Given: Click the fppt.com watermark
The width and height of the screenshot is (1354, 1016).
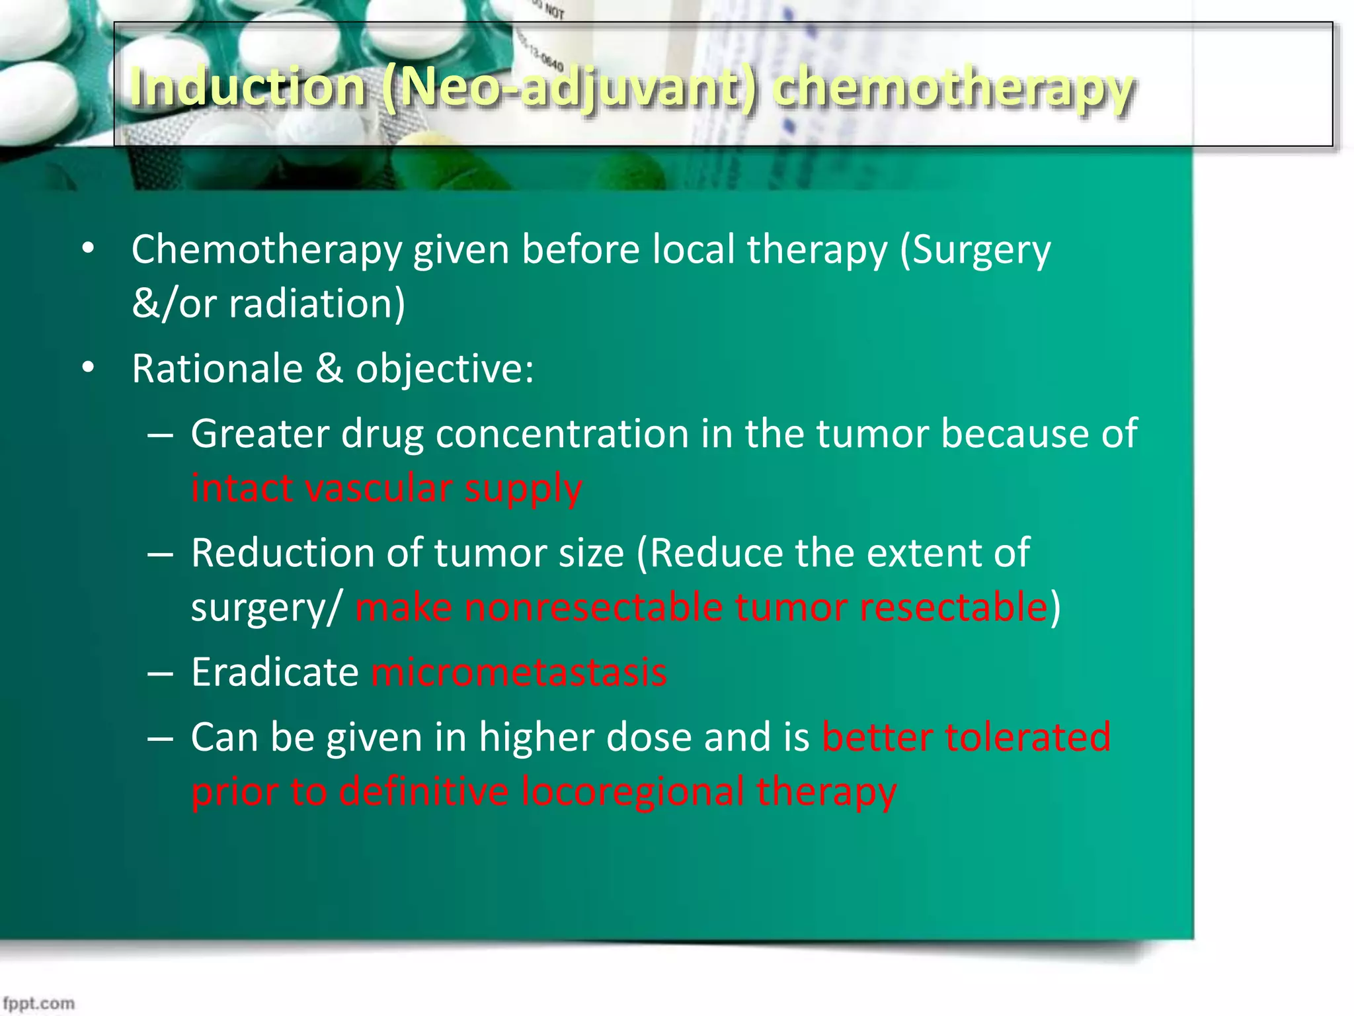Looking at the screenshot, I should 38,1003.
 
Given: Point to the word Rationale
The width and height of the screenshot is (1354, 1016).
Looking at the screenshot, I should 217,368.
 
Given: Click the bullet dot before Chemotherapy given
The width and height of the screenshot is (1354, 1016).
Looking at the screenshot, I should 89,250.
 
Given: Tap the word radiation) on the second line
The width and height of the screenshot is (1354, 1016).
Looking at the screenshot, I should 317,304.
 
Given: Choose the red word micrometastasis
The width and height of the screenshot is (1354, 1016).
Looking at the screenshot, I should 519,673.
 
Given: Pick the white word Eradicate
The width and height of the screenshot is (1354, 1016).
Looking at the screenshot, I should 274,673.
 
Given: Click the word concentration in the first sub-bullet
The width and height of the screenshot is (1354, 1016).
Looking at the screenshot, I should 562,435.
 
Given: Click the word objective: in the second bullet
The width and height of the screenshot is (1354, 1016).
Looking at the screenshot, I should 444,368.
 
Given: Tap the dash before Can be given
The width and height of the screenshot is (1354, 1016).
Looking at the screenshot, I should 161,738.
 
